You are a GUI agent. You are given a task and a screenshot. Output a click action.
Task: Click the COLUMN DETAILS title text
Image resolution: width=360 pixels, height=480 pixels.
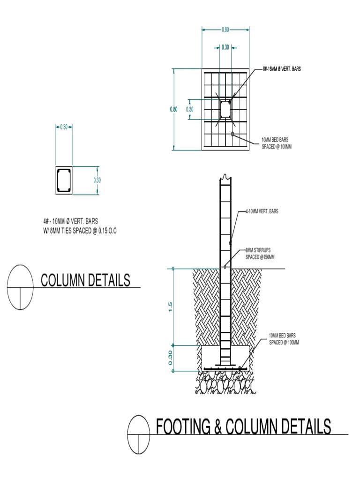click(x=85, y=280)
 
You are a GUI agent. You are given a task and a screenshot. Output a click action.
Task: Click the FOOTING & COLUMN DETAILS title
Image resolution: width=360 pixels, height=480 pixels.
click(x=243, y=427)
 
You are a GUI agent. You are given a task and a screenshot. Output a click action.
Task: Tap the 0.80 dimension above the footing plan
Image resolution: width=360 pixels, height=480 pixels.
click(x=225, y=30)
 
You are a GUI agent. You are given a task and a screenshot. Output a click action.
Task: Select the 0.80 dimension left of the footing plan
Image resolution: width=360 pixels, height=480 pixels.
click(x=173, y=109)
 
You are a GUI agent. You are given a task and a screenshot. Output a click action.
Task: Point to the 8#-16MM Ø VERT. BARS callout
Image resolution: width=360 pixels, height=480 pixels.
click(x=282, y=69)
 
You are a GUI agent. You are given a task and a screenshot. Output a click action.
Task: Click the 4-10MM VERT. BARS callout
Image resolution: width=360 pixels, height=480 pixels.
click(x=262, y=211)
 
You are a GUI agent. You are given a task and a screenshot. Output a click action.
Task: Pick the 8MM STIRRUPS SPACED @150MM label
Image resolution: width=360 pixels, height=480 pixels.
click(x=260, y=254)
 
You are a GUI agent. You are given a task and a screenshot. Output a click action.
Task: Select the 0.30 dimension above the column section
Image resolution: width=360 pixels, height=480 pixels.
click(x=64, y=127)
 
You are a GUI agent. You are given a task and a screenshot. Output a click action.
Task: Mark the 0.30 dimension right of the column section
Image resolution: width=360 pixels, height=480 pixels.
click(x=97, y=180)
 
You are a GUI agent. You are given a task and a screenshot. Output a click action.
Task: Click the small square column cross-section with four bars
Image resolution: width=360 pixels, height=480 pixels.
click(x=64, y=180)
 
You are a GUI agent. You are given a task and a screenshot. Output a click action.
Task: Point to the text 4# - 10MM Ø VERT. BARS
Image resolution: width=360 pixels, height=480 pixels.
click(x=71, y=221)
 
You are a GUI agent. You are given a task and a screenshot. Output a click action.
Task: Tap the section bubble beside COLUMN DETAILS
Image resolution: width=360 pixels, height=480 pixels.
click(x=21, y=287)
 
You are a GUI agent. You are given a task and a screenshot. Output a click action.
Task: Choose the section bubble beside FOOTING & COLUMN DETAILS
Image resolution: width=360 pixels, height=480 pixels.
click(x=141, y=434)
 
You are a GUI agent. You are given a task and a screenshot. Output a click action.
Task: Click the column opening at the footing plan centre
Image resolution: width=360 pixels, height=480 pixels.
click(x=225, y=109)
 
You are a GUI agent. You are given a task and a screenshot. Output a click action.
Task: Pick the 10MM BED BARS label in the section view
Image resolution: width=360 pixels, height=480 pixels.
click(x=284, y=339)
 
